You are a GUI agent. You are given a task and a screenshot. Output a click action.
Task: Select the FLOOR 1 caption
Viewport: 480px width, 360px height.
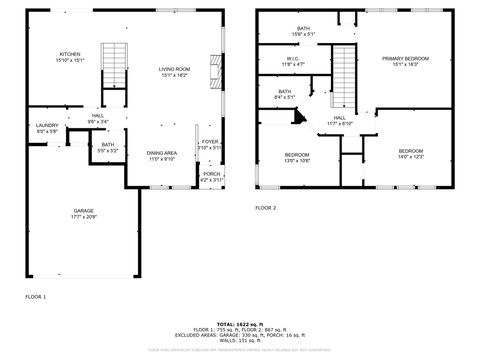pyautogui.click(x=36, y=296)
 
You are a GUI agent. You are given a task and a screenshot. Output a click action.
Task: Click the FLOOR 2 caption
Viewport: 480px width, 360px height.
pyautogui.click(x=265, y=207)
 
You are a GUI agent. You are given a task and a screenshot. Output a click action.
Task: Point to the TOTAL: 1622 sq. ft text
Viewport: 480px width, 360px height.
pyautogui.click(x=239, y=324)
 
